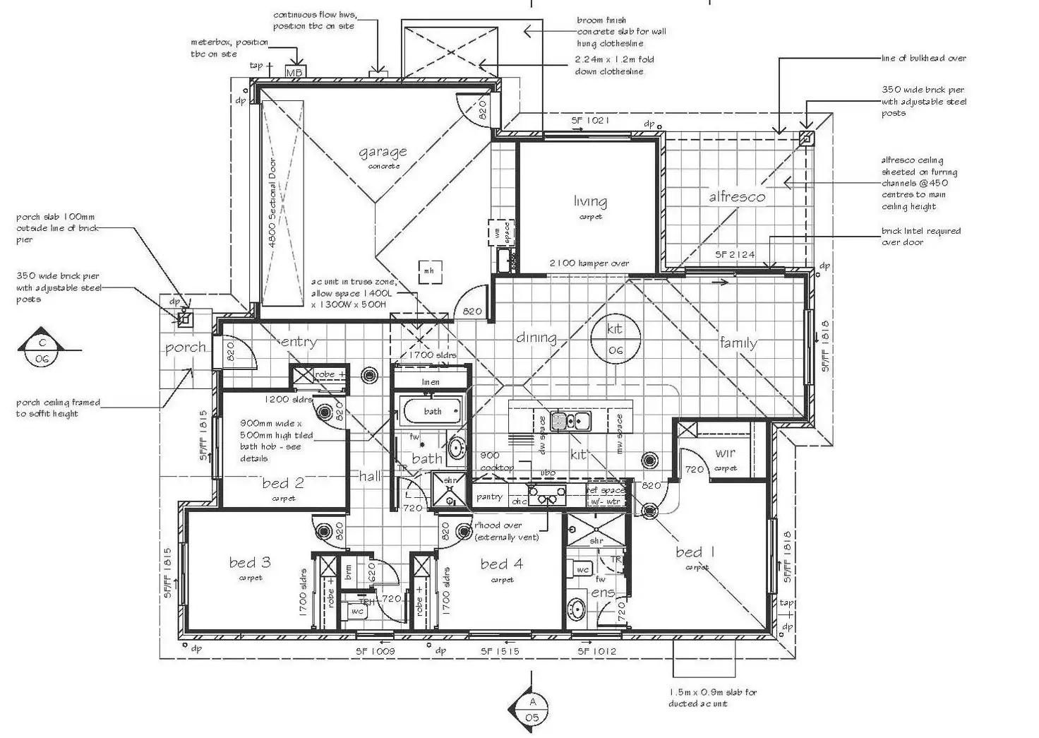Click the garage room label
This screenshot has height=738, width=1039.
point(383,152)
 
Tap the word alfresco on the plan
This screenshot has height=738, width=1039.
point(737,197)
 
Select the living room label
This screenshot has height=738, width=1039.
point(590,201)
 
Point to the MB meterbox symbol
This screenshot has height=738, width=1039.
point(294,72)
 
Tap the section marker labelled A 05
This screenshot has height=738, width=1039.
point(532,709)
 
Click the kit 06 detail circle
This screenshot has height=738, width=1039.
point(615,340)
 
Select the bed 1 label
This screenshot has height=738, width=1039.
point(695,552)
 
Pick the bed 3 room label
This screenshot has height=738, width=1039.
point(250,562)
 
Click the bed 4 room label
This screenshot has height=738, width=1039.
point(502,564)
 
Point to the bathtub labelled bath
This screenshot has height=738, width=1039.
point(432,410)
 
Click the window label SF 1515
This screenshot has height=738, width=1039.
point(500,651)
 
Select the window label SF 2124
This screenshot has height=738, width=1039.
point(735,254)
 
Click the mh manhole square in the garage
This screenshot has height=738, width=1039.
point(428,270)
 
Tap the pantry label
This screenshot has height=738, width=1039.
point(489,496)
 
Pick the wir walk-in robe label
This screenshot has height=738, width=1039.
point(725,453)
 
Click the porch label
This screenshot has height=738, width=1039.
point(185,347)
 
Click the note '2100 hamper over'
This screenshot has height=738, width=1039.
point(589,263)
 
